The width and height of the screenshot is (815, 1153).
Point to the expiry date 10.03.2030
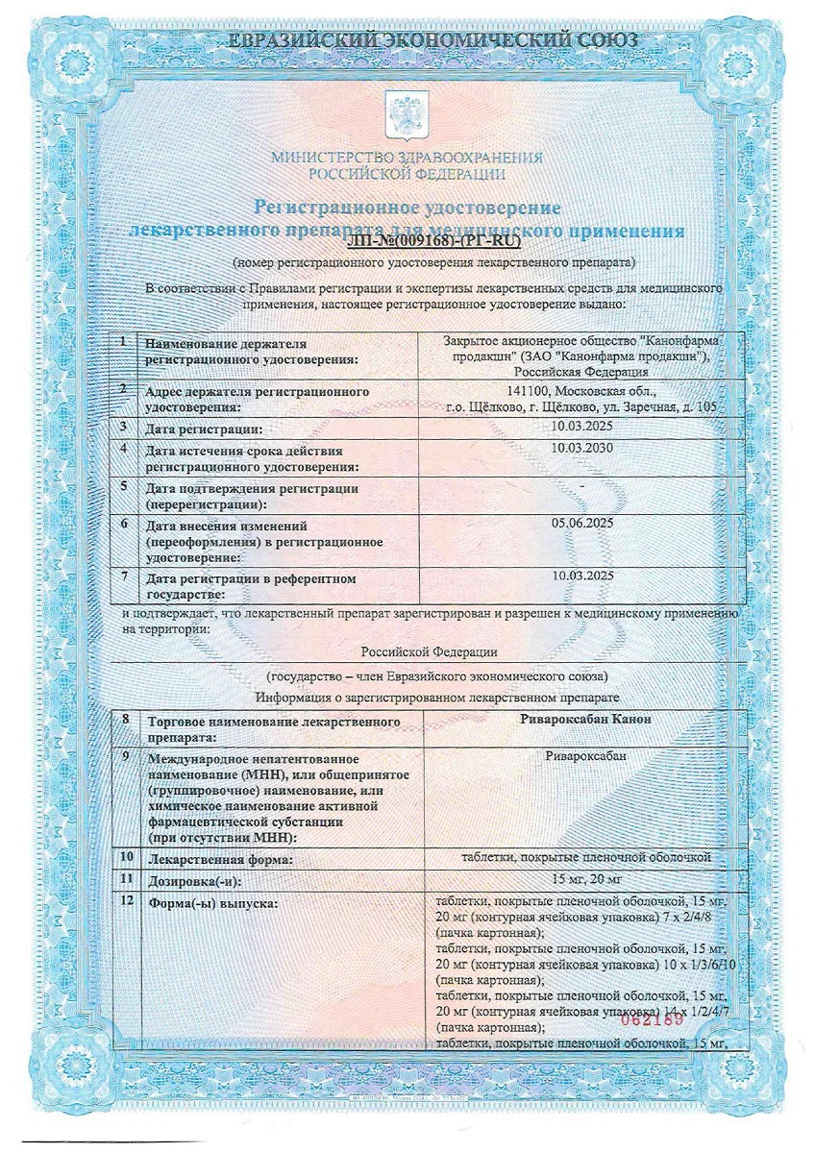pos(583,447)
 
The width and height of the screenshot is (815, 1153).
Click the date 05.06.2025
pos(583,526)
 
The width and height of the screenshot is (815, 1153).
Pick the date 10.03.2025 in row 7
pos(583,576)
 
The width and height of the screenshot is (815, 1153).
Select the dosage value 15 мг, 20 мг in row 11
pos(583,877)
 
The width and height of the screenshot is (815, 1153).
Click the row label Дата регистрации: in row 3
pos(203,428)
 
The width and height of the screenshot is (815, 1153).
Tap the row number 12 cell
pos(126,903)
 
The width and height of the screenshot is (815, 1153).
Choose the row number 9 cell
pos(126,757)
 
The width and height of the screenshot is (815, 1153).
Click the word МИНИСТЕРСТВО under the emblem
pos(323,158)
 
